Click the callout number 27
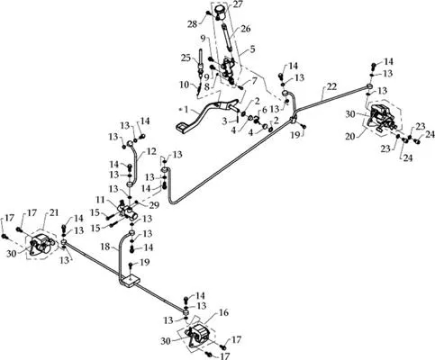(237, 4)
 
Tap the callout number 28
(192, 23)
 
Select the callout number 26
(245, 29)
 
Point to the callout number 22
(331, 86)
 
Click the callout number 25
(186, 57)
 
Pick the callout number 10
(185, 85)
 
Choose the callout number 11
(100, 199)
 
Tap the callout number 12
(152, 151)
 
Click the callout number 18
(105, 247)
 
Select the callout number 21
(53, 212)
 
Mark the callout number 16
(223, 312)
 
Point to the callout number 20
(349, 137)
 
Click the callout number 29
(155, 205)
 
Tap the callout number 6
(264, 110)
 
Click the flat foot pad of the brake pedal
(182, 127)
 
